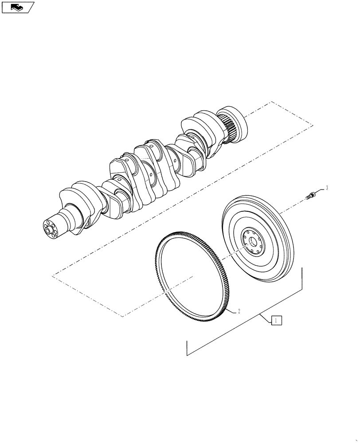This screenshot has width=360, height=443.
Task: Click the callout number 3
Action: click(x=327, y=188)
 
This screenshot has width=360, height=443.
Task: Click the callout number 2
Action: click(x=239, y=311)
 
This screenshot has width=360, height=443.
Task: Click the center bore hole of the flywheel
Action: click(x=252, y=241)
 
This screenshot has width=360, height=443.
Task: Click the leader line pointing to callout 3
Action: click(x=320, y=190)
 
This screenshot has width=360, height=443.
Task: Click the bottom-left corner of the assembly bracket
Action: click(x=187, y=355)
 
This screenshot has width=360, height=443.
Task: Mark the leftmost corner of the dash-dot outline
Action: click(x=52, y=276)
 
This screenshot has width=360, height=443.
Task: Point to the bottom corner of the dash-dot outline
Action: click(x=122, y=316)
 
